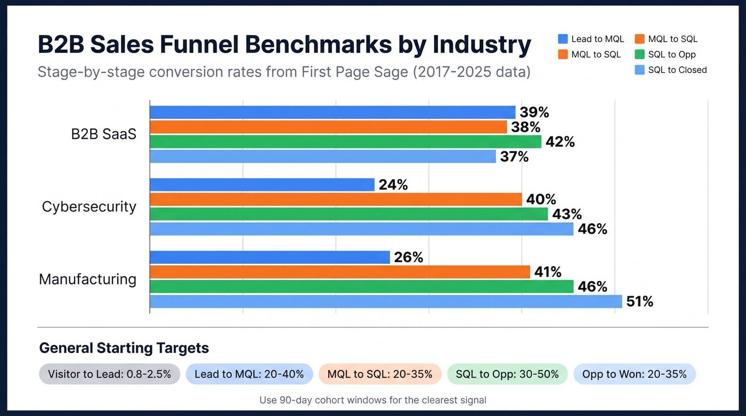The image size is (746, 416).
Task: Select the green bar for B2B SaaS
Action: (x=345, y=142)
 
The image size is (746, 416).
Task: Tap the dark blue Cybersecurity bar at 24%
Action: (x=262, y=185)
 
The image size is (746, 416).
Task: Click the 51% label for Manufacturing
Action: (x=639, y=301)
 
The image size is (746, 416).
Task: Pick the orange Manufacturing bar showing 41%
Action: (x=339, y=272)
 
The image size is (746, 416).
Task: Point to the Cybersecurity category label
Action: (x=89, y=207)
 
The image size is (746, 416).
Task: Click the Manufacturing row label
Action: (x=87, y=279)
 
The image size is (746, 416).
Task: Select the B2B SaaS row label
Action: (x=103, y=134)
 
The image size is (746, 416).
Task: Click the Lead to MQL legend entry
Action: (x=591, y=39)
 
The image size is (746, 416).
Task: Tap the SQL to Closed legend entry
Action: (x=671, y=70)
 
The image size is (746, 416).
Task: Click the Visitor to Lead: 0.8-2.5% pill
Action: (x=109, y=374)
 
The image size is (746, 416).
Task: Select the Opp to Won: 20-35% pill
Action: (x=634, y=374)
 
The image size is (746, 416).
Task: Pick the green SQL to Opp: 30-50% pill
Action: (x=507, y=374)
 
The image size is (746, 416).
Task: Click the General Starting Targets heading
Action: (x=124, y=348)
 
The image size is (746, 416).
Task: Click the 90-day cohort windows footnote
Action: (x=372, y=399)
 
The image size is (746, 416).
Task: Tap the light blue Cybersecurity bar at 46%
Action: (x=361, y=229)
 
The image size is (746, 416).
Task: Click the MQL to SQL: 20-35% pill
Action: (x=379, y=374)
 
